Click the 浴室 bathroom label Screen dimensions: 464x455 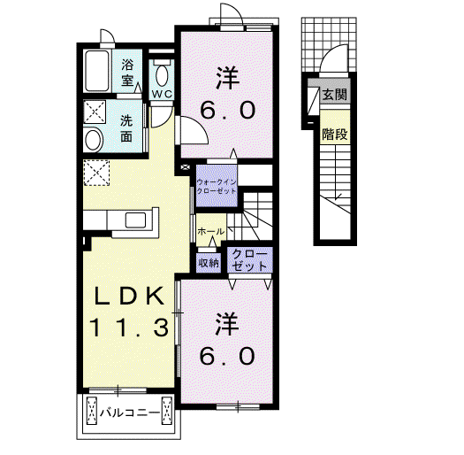tap(127, 73)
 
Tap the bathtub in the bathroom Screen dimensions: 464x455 tap(96, 71)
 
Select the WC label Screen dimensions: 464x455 tap(162, 94)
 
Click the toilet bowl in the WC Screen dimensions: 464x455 tap(162, 75)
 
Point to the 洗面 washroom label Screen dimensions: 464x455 tap(126, 129)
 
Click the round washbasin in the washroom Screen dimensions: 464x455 tap(94, 140)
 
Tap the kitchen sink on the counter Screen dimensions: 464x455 tap(135, 220)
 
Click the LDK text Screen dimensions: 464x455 tap(129, 297)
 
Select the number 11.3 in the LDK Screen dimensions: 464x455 tap(129, 328)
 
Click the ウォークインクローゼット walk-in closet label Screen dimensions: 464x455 tap(217, 187)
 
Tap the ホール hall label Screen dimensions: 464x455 tap(210, 232)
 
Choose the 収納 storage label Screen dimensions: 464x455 tap(209, 263)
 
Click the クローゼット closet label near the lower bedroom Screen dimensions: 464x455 tap(249, 260)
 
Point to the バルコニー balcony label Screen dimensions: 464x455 tap(129, 413)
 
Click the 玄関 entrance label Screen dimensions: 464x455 tap(335, 95)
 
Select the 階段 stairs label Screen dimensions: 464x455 tap(335, 135)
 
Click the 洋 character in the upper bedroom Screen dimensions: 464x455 tap(227, 78)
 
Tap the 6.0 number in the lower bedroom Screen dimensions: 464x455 tap(227, 356)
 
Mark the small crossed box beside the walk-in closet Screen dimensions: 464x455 tap(186, 167)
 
